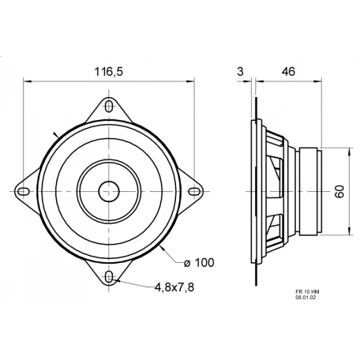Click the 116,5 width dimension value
tap(108, 71)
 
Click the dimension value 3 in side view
tap(239, 71)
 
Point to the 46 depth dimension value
tap(287, 71)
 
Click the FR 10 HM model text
tap(306, 291)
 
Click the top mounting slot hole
tap(109, 105)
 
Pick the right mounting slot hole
tap(194, 191)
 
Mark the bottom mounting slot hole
tap(109, 276)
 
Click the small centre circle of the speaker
tap(109, 190)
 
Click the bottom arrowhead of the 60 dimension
tap(346, 233)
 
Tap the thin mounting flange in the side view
tap(254, 191)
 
